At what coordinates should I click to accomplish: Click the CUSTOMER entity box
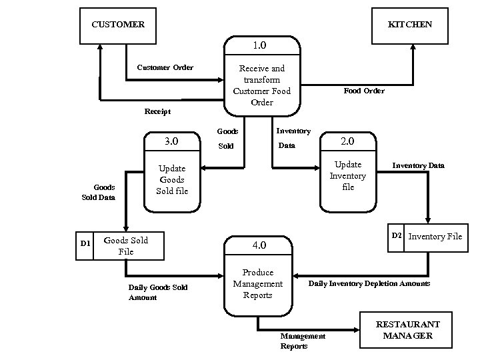[118, 25]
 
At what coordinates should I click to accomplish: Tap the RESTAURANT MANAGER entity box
[407, 330]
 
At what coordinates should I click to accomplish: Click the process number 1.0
[259, 45]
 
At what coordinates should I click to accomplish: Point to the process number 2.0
[347, 142]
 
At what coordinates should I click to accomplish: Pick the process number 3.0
[171, 141]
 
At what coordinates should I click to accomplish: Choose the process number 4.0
[259, 245]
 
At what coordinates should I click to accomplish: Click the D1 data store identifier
[85, 244]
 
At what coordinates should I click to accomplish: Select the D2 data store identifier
[397, 235]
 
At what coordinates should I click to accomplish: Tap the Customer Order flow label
[165, 67]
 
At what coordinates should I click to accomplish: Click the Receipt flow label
[157, 111]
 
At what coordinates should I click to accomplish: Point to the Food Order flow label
[363, 91]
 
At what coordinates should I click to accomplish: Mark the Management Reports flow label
[303, 341]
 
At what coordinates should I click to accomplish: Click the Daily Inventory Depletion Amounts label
[369, 284]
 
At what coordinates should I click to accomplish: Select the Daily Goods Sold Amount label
[157, 292]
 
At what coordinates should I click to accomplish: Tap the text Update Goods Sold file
[172, 179]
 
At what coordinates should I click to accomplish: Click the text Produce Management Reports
[258, 283]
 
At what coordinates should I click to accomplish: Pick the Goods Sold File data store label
[126, 245]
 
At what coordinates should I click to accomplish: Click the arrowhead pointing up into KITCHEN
[413, 47]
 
